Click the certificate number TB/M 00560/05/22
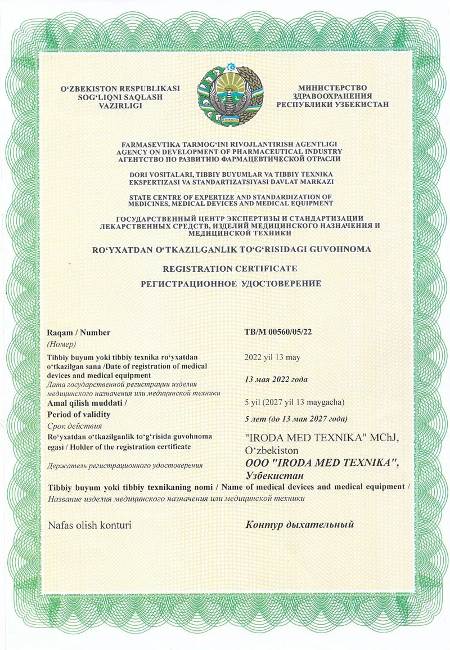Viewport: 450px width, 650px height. click(x=278, y=331)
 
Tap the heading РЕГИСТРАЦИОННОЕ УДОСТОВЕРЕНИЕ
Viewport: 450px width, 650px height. click(x=231, y=284)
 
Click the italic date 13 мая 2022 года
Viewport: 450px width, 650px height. click(x=276, y=379)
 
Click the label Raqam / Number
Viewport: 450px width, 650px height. click(x=79, y=333)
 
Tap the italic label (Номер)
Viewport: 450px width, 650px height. click(x=62, y=344)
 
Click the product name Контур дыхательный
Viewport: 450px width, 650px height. click(x=300, y=525)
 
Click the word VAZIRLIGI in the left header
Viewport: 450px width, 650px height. click(x=120, y=105)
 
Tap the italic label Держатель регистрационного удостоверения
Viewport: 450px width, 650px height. click(x=125, y=465)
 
